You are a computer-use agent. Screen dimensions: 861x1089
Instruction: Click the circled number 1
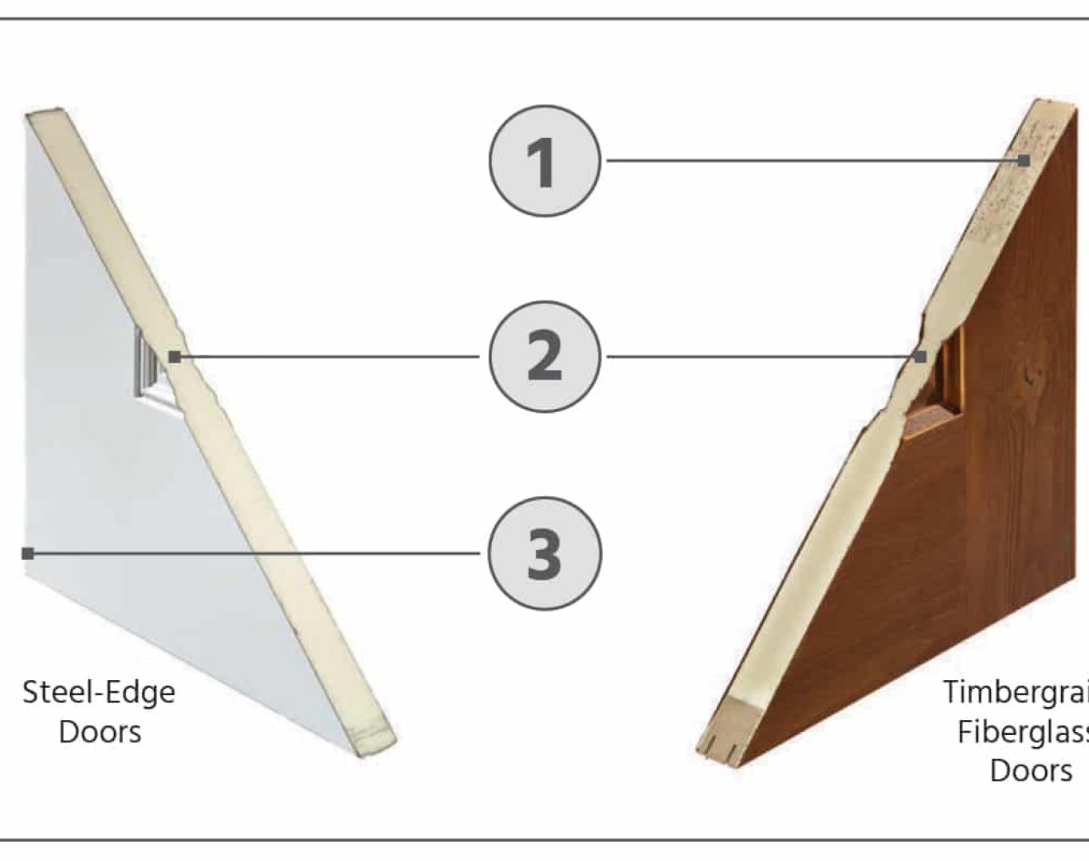[544, 161]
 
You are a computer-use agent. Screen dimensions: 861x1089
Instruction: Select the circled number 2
[544, 356]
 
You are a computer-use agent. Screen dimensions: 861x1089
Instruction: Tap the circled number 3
[544, 552]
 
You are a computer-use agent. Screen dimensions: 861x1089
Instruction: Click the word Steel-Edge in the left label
[98, 692]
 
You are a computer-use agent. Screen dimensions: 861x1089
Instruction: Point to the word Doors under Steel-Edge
[100, 732]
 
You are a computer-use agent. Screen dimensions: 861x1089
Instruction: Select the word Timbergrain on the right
[1016, 692]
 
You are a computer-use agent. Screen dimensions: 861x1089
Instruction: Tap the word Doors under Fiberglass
[1031, 771]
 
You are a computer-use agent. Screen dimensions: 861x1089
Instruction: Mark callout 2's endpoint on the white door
[175, 357]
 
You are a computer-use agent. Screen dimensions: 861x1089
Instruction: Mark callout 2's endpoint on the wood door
[920, 356]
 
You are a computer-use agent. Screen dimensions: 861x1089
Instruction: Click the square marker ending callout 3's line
[28, 552]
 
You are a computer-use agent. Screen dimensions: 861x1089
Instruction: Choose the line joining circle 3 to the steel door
[255, 552]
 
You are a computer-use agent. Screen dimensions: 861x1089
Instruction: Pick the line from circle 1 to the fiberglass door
[813, 161]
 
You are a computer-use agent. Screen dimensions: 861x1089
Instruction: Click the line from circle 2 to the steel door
[327, 356]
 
